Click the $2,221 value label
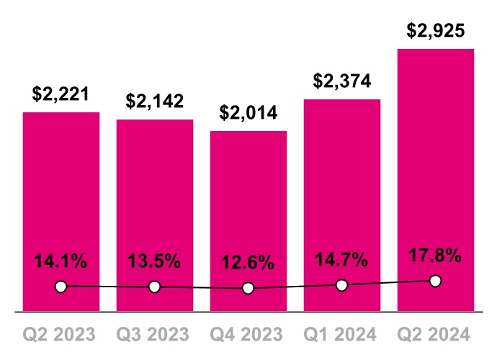tap(61, 94)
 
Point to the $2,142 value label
tap(155, 102)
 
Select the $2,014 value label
tap(248, 113)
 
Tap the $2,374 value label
tap(342, 81)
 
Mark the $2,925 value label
tap(436, 31)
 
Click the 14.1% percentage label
tap(61, 261)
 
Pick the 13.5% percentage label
tap(155, 261)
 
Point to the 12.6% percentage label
tap(248, 263)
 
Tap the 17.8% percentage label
tap(436, 256)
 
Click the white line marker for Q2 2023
tap(61, 287)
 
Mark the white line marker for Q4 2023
tap(248, 288)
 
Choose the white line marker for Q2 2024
tap(435, 281)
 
